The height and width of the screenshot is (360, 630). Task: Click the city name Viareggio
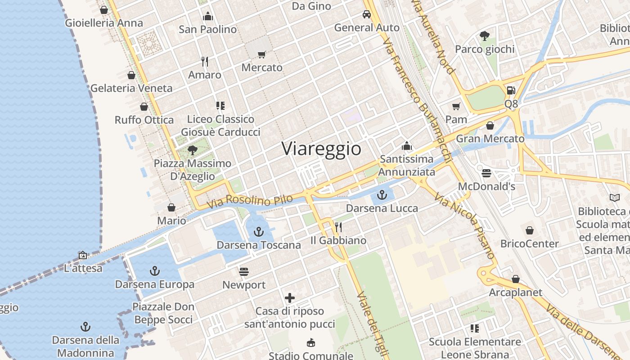(x=321, y=149)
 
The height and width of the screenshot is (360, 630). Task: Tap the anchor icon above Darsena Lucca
(x=382, y=195)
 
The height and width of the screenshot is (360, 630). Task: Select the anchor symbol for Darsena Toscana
(x=258, y=232)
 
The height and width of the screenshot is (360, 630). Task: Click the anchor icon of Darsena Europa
(x=154, y=271)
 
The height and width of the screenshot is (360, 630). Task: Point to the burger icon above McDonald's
(x=486, y=173)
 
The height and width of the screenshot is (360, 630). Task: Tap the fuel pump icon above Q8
(x=511, y=90)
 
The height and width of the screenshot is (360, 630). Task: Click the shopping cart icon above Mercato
(x=261, y=54)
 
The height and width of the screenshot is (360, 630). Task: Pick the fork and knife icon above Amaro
(x=205, y=61)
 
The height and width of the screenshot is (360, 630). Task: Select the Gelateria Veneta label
(x=131, y=88)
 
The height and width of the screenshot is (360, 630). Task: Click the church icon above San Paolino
(x=208, y=16)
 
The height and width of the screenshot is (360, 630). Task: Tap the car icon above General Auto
(x=367, y=14)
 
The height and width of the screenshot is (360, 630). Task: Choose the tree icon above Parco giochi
(x=485, y=36)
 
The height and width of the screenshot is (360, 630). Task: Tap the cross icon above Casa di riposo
(x=290, y=297)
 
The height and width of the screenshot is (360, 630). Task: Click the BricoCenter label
(x=530, y=244)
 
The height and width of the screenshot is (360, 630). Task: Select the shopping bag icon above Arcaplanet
(x=516, y=279)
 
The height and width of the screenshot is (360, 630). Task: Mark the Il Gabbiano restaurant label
(x=338, y=241)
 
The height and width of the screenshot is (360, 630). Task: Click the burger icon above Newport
(x=244, y=272)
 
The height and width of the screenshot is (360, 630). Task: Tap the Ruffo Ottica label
(x=144, y=120)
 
